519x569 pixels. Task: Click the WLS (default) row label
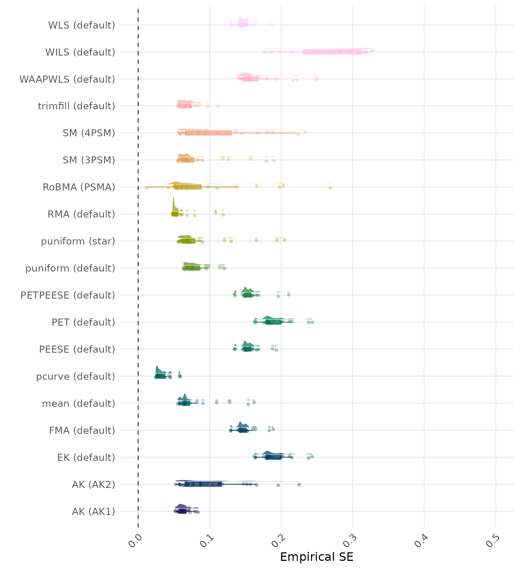click(x=82, y=25)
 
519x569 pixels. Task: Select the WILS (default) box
click(x=332, y=52)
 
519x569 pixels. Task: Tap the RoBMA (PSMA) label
click(x=79, y=187)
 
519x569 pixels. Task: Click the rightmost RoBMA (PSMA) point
click(x=330, y=188)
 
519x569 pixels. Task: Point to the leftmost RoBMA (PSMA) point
click(x=146, y=188)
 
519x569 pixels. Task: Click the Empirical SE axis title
click(x=317, y=557)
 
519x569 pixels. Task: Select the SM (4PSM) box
click(x=208, y=133)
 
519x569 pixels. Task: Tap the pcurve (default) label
click(x=76, y=376)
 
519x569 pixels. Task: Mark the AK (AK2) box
click(x=203, y=484)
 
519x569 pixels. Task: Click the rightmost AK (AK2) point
click(x=299, y=485)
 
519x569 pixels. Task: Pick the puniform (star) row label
click(x=78, y=241)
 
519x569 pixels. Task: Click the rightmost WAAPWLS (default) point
click(x=316, y=79)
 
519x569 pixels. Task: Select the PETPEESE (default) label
click(x=68, y=295)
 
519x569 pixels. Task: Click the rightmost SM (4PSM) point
click(x=305, y=132)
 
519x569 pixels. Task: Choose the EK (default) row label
click(x=86, y=457)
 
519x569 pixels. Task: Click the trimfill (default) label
click(x=76, y=106)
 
